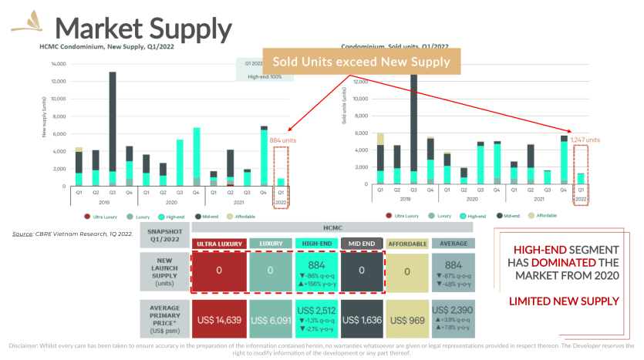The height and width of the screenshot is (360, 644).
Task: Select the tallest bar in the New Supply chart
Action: click(113, 123)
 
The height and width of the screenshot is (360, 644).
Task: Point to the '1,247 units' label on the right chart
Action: click(585, 140)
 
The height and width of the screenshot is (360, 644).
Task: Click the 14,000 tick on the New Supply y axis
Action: click(58, 63)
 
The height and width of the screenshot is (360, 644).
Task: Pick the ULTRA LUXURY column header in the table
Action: click(218, 244)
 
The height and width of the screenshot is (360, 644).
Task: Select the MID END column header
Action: click(361, 244)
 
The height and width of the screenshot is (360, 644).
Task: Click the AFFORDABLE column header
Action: click(407, 244)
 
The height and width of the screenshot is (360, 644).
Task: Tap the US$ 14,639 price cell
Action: click(218, 319)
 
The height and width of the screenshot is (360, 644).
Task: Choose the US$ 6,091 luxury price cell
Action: click(270, 319)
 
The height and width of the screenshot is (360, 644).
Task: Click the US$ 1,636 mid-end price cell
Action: click(361, 319)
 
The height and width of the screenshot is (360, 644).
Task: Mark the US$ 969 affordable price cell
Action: click(407, 319)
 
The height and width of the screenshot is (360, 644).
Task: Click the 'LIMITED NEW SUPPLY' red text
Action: click(565, 299)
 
